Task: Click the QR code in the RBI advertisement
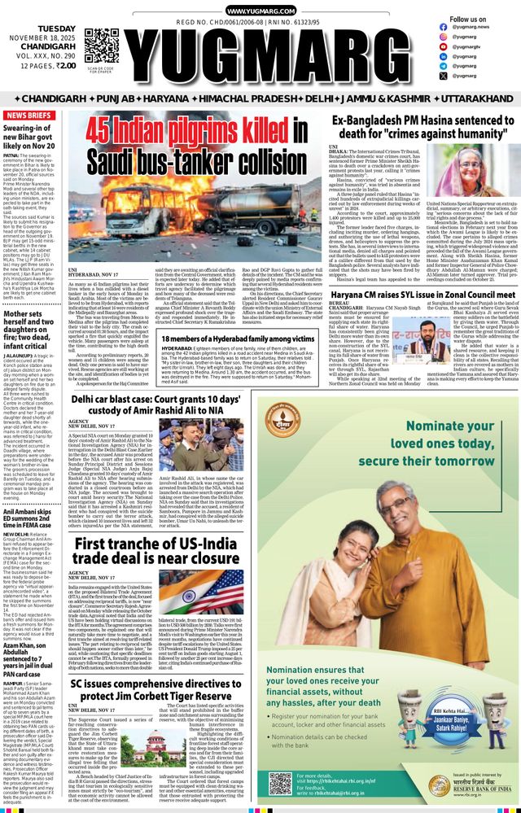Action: [280, 785]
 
